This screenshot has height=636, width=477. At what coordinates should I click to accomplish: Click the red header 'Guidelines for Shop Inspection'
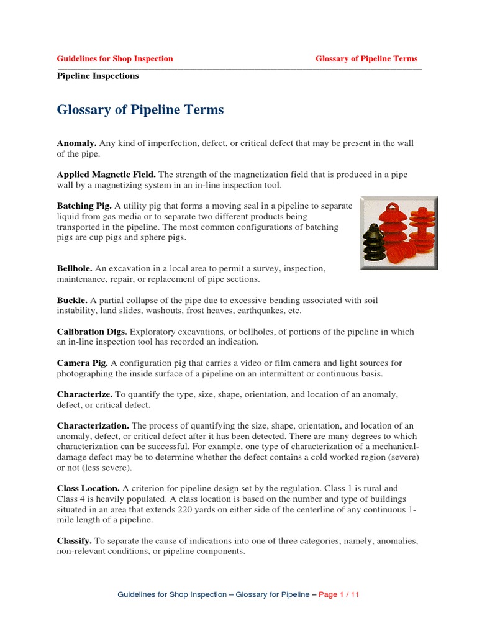(115, 59)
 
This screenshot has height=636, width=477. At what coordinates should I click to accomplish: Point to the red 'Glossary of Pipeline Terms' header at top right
(366, 59)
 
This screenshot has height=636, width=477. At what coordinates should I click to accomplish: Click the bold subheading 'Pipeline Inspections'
(98, 76)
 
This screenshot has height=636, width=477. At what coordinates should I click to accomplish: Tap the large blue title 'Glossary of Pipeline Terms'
(140, 111)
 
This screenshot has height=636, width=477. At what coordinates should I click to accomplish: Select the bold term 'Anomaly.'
(76, 143)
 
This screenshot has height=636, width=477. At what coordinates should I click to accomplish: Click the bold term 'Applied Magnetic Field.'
(106, 175)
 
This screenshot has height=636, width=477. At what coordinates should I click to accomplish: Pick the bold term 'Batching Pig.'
(84, 206)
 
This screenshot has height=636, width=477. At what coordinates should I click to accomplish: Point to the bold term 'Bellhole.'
(75, 268)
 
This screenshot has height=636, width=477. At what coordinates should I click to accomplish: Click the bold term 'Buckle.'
(73, 300)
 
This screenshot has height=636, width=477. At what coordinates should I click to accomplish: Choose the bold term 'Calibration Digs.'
(91, 332)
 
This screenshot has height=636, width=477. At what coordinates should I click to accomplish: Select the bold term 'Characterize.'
(84, 394)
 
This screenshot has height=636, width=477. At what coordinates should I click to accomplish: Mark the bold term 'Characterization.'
(93, 425)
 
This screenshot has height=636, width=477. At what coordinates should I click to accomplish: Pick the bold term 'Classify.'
(75, 541)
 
